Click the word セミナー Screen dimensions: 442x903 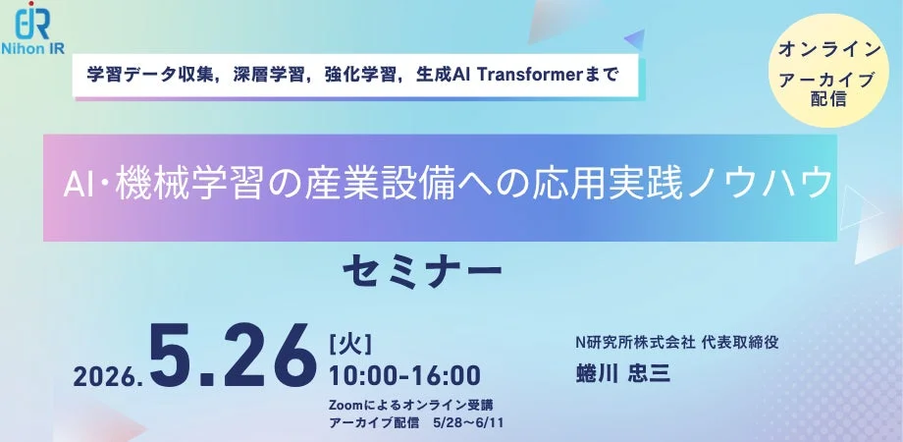tap(423, 267)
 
